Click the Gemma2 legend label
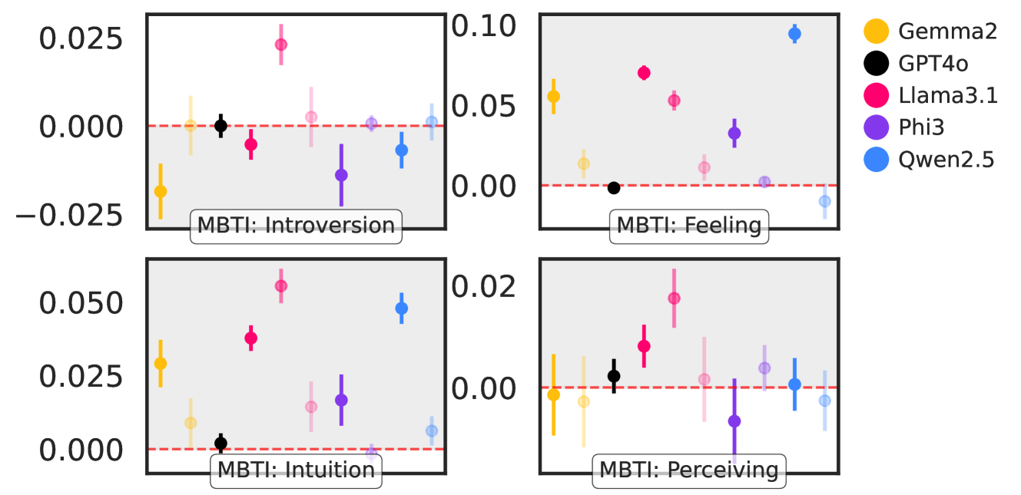(x=947, y=31)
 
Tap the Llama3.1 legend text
(x=947, y=95)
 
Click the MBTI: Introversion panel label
(x=296, y=226)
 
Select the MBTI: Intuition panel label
(x=296, y=470)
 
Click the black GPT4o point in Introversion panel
(x=220, y=125)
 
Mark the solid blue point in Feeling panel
(x=794, y=34)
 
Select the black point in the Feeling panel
(x=613, y=188)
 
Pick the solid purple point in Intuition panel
(x=341, y=400)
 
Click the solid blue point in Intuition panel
(x=401, y=309)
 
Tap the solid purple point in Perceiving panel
(x=734, y=421)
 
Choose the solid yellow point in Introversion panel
(x=161, y=191)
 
